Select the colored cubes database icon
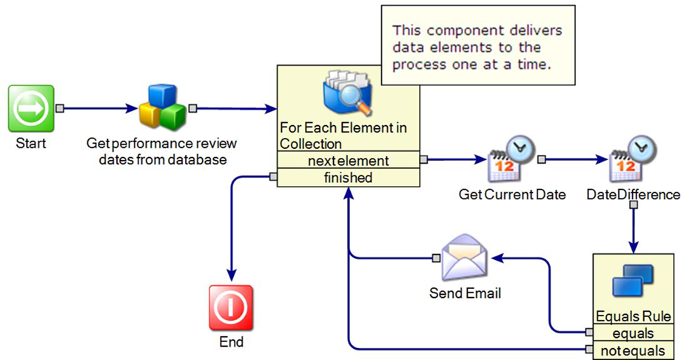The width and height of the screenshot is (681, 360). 162,106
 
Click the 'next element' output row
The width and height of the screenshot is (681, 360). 348,160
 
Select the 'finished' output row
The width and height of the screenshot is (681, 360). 348,178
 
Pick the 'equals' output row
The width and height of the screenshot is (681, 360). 633,333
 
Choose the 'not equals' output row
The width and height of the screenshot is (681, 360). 633,350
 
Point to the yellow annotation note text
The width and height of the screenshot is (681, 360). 477,47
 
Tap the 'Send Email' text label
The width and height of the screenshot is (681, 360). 465,293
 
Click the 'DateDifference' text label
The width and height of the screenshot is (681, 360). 633,195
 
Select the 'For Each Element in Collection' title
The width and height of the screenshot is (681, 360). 343,136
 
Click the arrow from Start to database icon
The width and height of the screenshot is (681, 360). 99,108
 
